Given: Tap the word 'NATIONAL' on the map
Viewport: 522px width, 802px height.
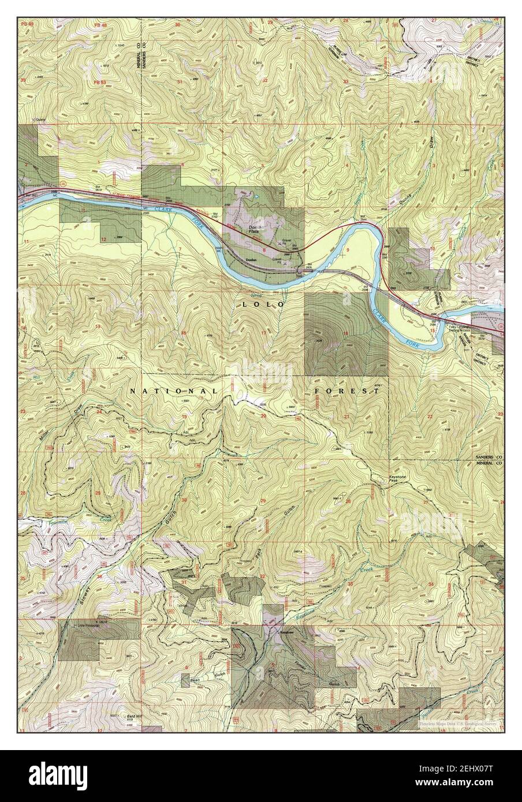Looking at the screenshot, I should [173, 391].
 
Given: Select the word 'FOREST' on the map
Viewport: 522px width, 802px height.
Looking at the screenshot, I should [347, 391].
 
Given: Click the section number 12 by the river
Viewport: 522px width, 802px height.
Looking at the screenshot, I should [104, 239].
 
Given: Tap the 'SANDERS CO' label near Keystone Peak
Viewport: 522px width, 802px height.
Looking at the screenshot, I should [487, 455].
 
